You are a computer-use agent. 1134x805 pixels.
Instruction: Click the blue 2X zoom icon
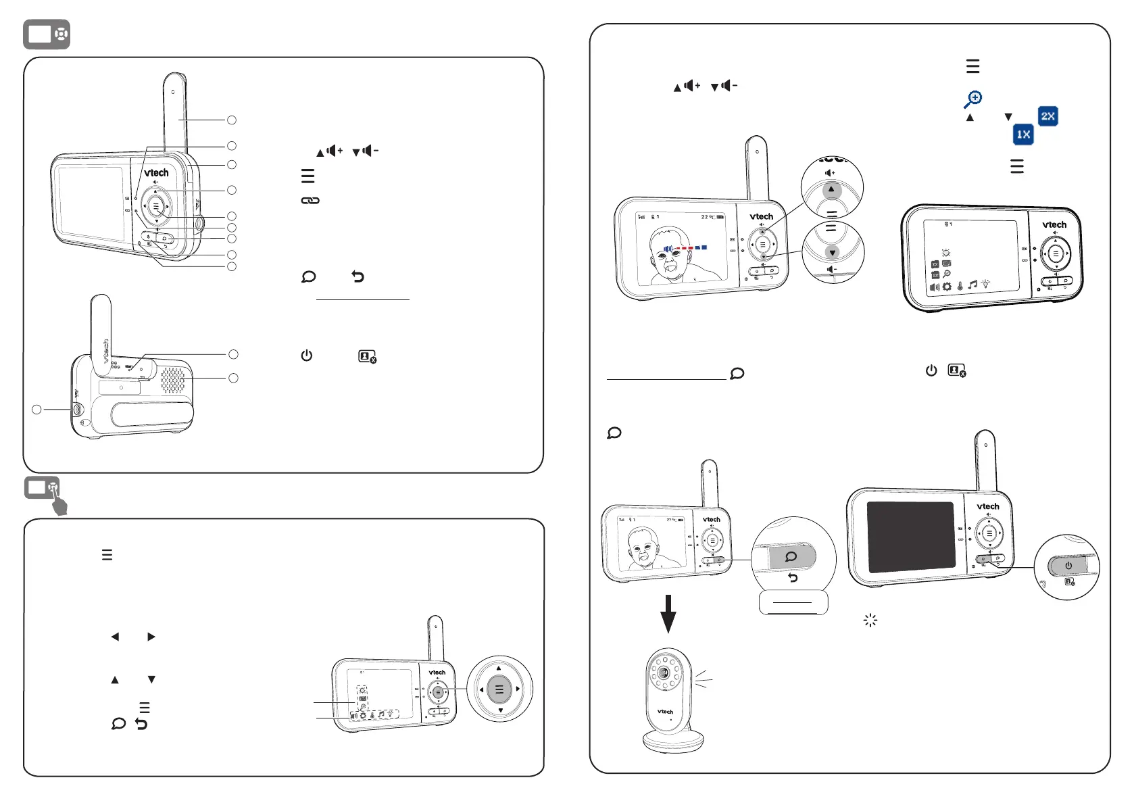click(1047, 116)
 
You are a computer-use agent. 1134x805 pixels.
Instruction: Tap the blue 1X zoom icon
click(1023, 135)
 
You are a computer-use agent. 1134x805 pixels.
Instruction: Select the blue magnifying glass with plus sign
click(972, 99)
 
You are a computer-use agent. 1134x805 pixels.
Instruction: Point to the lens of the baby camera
click(665, 673)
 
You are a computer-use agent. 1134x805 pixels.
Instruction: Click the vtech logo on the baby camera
click(666, 712)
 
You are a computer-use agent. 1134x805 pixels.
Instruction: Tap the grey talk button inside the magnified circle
click(791, 557)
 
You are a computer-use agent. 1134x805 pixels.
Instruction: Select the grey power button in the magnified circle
click(1068, 566)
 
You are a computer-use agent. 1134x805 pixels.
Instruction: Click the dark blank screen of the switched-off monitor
click(910, 537)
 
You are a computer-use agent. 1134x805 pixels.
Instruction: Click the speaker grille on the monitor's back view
click(172, 380)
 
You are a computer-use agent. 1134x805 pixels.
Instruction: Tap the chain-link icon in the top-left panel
click(310, 201)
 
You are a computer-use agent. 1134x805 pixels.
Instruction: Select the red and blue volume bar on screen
click(686, 248)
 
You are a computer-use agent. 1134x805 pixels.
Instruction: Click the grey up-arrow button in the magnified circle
click(832, 190)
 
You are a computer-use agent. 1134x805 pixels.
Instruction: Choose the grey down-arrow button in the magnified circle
click(833, 252)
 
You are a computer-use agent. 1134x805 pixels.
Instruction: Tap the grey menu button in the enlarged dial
click(499, 689)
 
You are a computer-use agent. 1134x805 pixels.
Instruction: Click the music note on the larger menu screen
click(972, 285)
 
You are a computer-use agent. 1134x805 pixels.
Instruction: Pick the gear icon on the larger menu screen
click(947, 287)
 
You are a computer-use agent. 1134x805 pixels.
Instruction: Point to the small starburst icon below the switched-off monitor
click(870, 620)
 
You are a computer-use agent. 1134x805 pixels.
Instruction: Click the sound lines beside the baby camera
click(703, 678)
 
